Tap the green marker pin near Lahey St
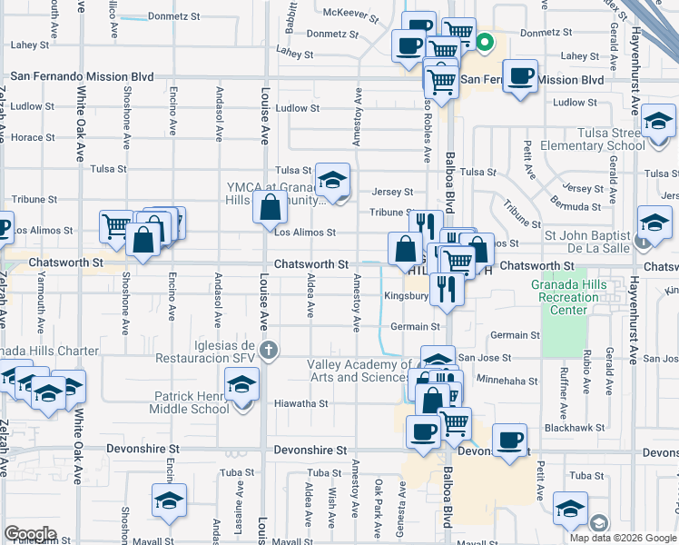coord(486,41)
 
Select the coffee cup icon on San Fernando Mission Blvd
coord(519,76)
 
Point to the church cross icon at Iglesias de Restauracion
coord(267,350)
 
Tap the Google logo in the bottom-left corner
coord(30,533)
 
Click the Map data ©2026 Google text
coord(622,538)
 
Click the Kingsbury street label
coord(404,296)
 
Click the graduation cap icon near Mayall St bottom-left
coord(169,503)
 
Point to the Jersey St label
coord(392,193)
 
